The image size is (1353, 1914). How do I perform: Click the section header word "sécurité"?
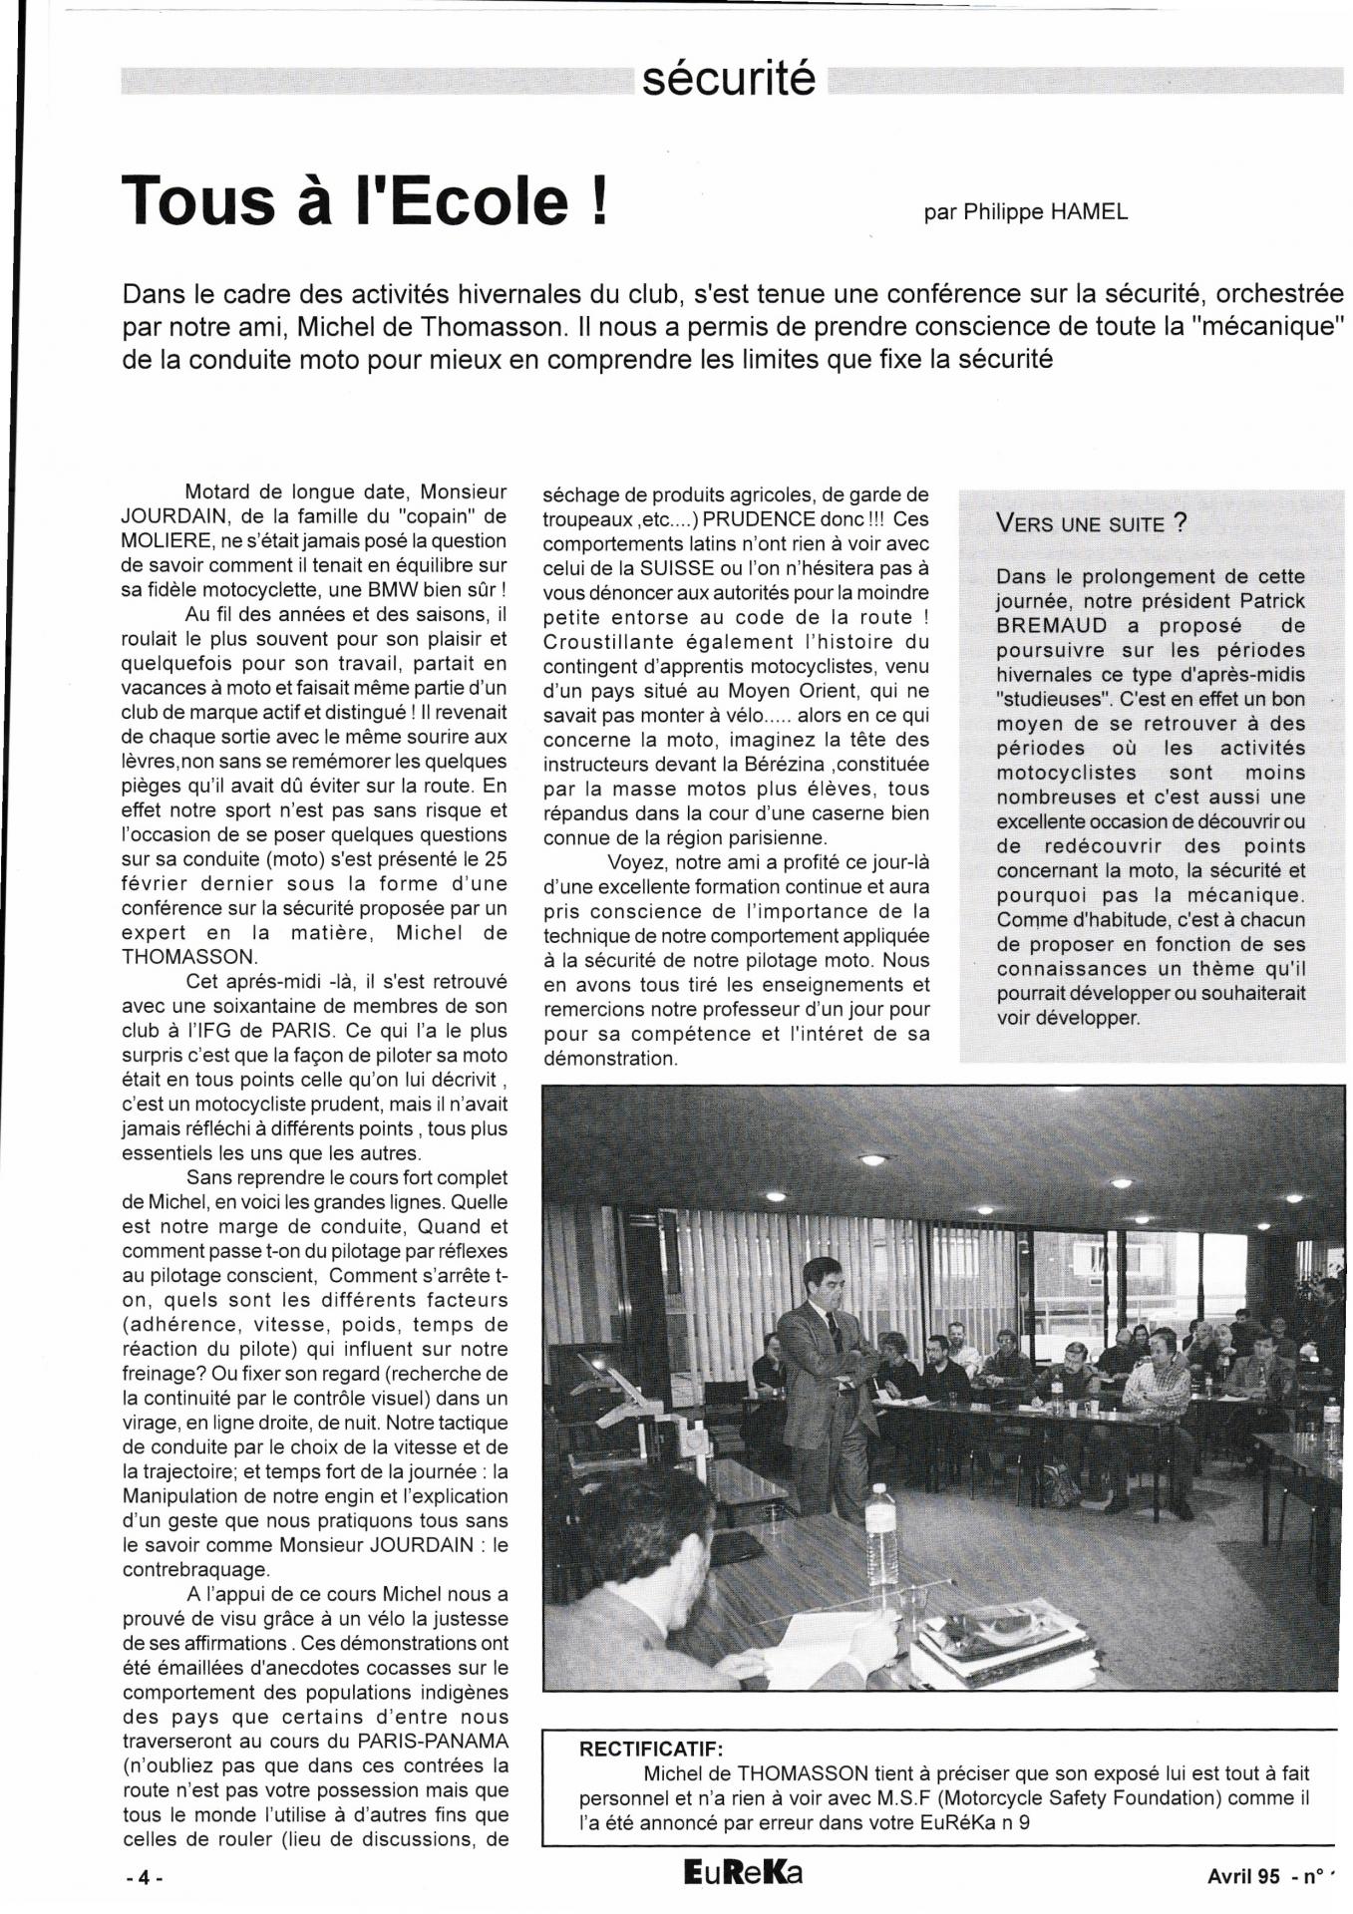pos(728,79)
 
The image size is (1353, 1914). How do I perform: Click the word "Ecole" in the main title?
pos(478,199)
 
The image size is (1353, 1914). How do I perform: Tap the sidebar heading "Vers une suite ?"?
pos(1091,524)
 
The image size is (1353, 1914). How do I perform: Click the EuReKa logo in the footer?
pos(743,1873)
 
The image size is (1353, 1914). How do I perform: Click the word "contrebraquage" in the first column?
pos(187,1569)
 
